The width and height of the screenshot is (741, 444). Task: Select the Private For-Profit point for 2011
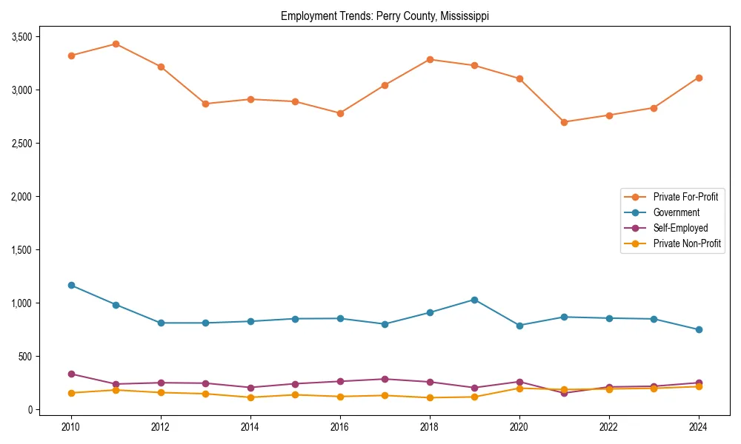(x=116, y=44)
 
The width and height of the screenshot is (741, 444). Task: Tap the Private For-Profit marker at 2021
(x=564, y=122)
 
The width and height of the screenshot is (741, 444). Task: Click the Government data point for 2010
(x=71, y=285)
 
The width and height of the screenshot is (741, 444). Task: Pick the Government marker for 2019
(x=474, y=300)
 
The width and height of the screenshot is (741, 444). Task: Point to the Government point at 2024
(x=699, y=329)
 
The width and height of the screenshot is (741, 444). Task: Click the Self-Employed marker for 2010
(x=71, y=374)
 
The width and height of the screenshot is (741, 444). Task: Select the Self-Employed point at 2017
(x=385, y=379)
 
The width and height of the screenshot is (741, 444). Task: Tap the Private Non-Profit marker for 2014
(x=250, y=397)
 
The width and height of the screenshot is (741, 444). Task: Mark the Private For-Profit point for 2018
(x=430, y=59)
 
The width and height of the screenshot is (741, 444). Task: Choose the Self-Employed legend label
(x=680, y=228)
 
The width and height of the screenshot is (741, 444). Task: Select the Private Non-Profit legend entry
(x=687, y=243)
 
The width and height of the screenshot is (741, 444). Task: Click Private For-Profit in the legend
(x=685, y=197)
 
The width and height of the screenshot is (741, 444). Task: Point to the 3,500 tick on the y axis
(x=20, y=36)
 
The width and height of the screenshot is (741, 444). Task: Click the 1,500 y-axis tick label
(x=20, y=250)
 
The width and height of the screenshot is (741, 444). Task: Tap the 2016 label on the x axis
(x=340, y=427)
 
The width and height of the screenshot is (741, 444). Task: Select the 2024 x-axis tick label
(x=699, y=427)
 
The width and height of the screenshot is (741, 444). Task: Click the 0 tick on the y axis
(x=30, y=410)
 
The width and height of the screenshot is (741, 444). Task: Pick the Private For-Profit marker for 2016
(x=340, y=113)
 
